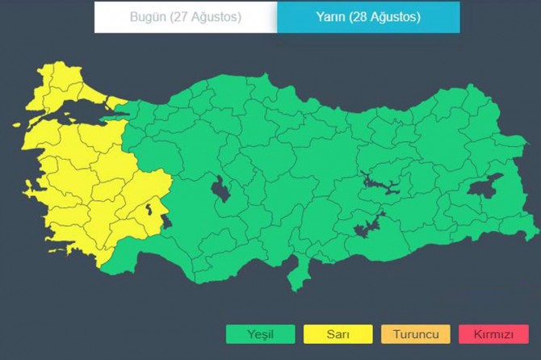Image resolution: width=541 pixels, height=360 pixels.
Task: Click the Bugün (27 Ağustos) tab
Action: (185, 17)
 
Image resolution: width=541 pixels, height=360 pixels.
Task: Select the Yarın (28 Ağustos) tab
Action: (368, 17)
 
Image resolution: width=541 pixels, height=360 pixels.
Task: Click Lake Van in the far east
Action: (487, 188)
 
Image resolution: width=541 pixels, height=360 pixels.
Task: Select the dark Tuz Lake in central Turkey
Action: (219, 190)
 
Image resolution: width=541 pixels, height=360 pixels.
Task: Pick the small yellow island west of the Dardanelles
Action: (15, 123)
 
